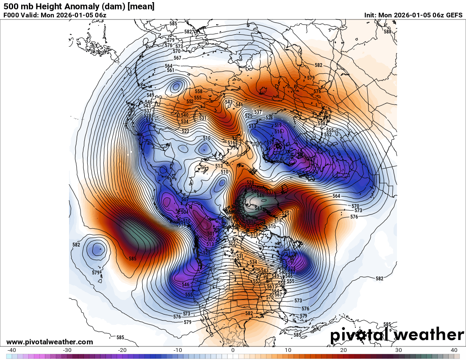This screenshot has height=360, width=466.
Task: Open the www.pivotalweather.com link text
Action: [50, 342]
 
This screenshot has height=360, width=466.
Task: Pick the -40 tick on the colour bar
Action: [12, 350]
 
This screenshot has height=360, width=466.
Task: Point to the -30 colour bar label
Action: [67, 350]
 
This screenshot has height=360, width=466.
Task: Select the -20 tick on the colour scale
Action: [122, 350]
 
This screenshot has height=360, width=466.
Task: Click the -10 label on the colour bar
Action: [178, 350]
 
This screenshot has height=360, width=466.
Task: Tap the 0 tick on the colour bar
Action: [233, 350]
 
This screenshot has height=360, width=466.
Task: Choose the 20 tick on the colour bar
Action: [344, 350]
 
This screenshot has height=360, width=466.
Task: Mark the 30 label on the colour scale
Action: [399, 350]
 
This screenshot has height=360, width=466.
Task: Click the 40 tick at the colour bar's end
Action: [454, 350]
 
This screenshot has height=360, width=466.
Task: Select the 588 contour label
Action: [388, 32]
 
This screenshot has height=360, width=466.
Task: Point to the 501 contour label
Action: [211, 234]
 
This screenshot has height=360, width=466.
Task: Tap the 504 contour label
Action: [185, 212]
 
